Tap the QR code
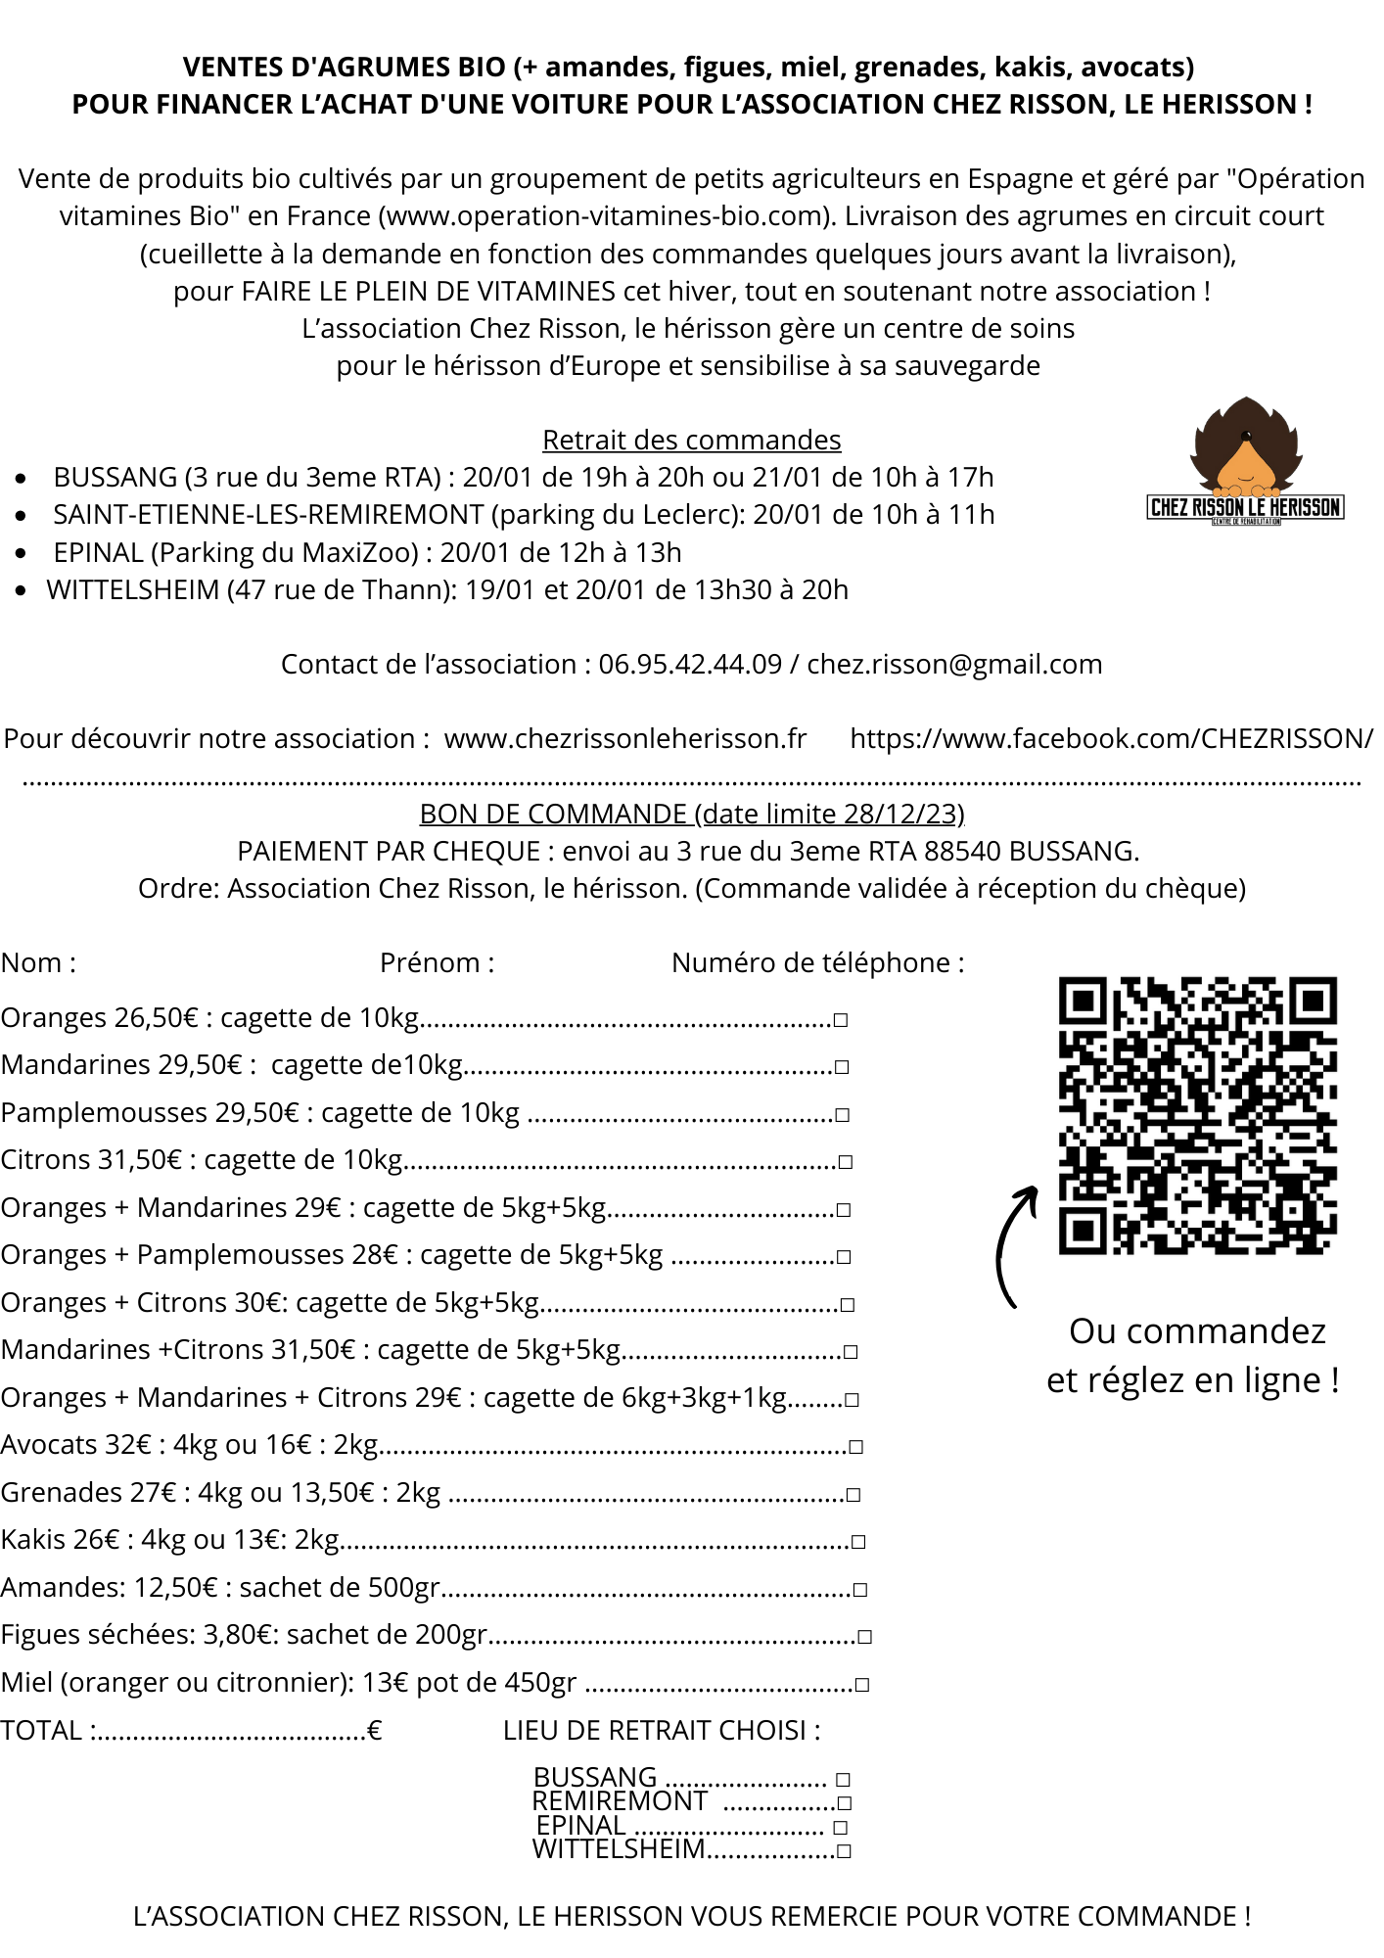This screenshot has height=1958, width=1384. click(1197, 1115)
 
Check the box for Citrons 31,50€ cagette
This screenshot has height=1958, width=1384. click(846, 1162)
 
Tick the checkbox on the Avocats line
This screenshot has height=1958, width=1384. click(856, 1447)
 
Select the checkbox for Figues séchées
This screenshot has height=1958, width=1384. click(864, 1637)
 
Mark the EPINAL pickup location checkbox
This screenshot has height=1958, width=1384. click(840, 1828)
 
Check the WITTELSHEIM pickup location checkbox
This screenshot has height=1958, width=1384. click(845, 1851)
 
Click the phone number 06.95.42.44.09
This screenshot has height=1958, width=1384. click(690, 665)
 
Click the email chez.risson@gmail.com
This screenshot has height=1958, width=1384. click(954, 665)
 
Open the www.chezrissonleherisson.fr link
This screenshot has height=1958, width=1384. click(625, 739)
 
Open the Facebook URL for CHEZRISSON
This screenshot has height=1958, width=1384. click(1111, 739)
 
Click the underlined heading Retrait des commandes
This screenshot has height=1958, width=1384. click(691, 441)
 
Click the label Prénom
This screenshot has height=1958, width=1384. click(437, 963)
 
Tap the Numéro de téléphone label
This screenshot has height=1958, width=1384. click(817, 963)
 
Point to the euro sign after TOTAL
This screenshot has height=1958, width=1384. click(374, 1731)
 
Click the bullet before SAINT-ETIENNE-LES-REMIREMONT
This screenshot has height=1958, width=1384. click(22, 516)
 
